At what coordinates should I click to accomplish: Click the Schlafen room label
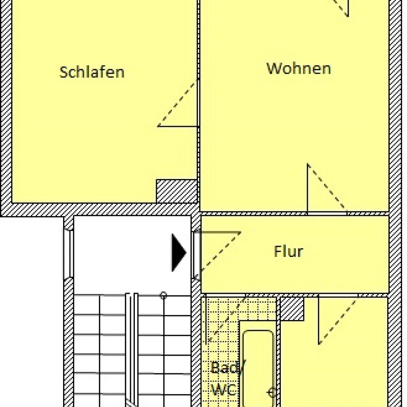[92, 72]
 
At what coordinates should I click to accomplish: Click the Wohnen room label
[299, 69]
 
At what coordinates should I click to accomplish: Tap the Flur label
[288, 251]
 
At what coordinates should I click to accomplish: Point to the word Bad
[226, 367]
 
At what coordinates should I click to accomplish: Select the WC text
[223, 390]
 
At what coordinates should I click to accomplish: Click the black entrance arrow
[179, 252]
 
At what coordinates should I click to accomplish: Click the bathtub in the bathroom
[258, 368]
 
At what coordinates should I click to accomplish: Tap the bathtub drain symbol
[272, 392]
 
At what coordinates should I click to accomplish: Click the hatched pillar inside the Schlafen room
[177, 191]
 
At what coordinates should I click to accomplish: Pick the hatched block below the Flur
[292, 309]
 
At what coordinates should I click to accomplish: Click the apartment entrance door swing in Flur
[221, 251]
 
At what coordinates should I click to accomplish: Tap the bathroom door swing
[225, 320]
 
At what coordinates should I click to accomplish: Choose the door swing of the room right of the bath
[338, 320]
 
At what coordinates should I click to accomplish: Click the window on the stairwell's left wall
[69, 254]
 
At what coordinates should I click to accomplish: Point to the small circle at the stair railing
[163, 295]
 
